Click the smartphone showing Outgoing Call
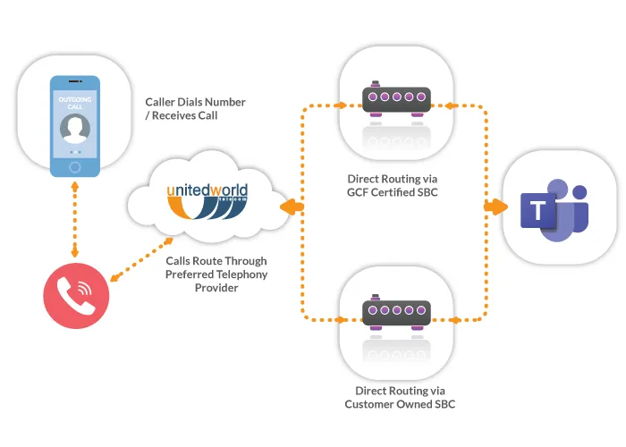click(75, 125)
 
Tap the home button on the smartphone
click(75, 167)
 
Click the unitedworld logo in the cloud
click(207, 201)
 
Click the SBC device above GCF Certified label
click(396, 98)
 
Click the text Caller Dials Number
click(195, 102)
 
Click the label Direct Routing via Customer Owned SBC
click(394, 397)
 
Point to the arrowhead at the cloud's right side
click(290, 207)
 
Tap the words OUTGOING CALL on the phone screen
click(75, 103)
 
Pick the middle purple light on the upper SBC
click(396, 96)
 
